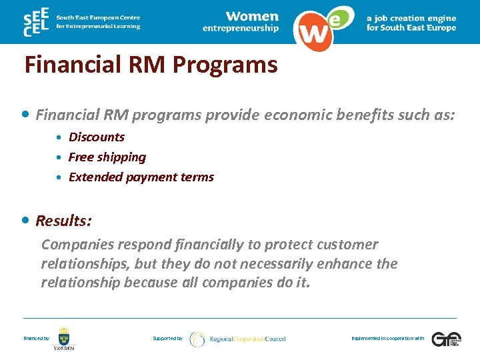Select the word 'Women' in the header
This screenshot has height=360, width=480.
tap(252, 15)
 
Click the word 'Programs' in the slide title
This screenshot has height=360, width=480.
tap(225, 65)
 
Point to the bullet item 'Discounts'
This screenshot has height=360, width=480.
tap(97, 137)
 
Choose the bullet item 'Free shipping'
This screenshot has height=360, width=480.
tap(107, 157)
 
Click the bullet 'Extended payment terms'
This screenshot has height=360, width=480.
tap(141, 177)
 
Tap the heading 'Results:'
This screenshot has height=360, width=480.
tap(64, 221)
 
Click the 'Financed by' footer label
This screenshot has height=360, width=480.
tap(36, 339)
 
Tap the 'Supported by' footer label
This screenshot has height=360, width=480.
tap(167, 339)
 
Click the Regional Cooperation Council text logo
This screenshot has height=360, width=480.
tap(247, 339)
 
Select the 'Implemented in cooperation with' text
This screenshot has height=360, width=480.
tap(387, 339)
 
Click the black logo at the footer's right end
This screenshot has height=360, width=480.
tap(445, 339)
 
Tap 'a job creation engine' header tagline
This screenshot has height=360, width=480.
tap(411, 19)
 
